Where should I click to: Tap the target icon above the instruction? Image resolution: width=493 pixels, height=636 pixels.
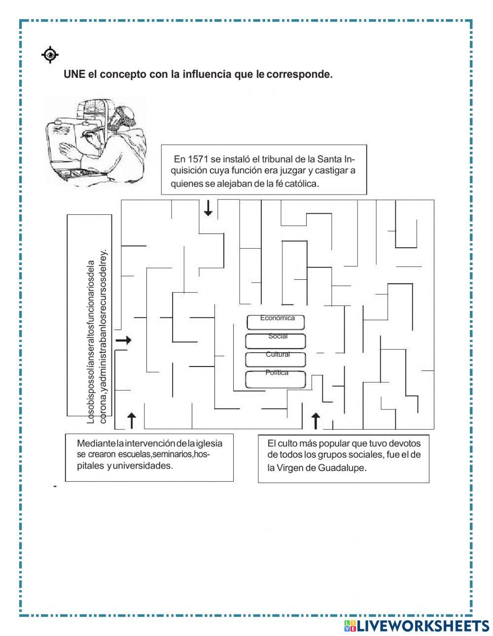coord(50,55)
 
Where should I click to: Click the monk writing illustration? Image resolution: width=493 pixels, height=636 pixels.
coord(96,140)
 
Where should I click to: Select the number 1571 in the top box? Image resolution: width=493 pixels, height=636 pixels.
coord(198,159)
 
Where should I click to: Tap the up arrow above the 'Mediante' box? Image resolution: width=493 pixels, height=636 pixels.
coord(132,421)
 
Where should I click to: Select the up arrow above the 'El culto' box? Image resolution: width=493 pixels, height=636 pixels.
coord(316,421)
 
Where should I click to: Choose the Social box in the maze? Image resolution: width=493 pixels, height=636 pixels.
coord(275,340)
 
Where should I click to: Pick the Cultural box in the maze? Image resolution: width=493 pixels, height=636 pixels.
coord(275,359)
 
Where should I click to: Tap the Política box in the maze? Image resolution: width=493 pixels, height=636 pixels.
coord(275,378)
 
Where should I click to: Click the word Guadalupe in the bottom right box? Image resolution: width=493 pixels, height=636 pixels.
coord(342,468)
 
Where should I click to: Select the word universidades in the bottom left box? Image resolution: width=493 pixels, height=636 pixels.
coord(142,466)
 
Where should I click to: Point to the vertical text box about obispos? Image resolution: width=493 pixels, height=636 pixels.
coord(90,315)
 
